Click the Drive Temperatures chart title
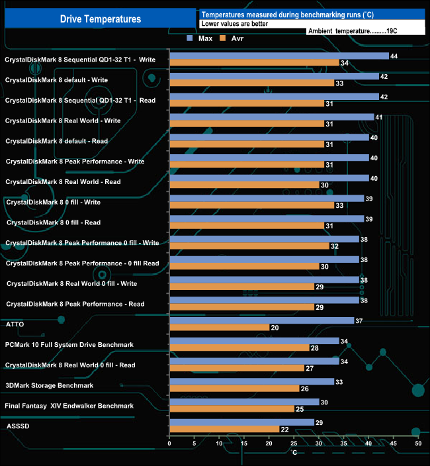(x=101, y=19)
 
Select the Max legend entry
(x=200, y=39)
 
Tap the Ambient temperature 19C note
(x=353, y=31)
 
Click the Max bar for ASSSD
(x=242, y=422)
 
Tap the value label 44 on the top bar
(x=394, y=56)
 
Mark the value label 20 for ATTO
(x=275, y=328)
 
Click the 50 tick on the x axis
(x=418, y=443)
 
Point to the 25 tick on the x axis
(x=294, y=443)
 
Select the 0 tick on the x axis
(x=170, y=443)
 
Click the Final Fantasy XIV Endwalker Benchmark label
(x=69, y=406)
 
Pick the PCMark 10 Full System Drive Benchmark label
(x=69, y=345)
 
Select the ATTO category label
(x=15, y=324)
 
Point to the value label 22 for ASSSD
(x=284, y=430)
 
